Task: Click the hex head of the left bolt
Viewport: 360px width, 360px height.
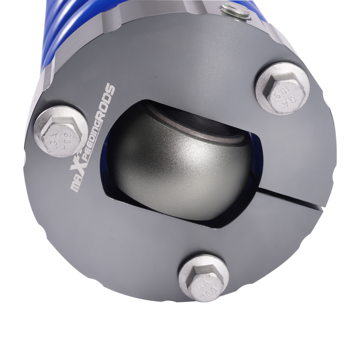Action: click(60, 135)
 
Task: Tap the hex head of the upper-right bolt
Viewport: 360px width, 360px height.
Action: click(285, 93)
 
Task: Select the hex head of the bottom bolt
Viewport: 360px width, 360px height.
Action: click(206, 282)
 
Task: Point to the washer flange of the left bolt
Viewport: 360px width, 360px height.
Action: click(60, 131)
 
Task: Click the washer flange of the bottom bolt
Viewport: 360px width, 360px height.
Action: click(204, 278)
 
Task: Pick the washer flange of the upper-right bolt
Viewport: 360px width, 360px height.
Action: click(282, 89)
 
